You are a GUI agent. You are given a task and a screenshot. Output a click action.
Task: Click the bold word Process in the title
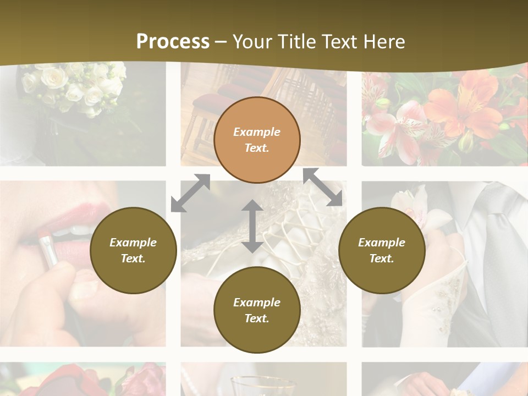click(x=173, y=42)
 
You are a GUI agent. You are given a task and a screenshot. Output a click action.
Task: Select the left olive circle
click(x=133, y=250)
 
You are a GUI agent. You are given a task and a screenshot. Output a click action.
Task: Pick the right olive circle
click(x=382, y=250)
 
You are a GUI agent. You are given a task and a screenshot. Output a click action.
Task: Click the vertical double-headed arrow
click(x=252, y=226)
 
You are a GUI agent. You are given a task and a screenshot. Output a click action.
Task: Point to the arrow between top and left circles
click(x=190, y=193)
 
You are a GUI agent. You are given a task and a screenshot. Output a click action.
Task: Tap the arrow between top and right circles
click(x=323, y=187)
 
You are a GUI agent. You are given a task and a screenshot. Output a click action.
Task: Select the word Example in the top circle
click(x=257, y=132)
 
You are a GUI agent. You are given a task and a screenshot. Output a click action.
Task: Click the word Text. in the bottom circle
click(x=257, y=318)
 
